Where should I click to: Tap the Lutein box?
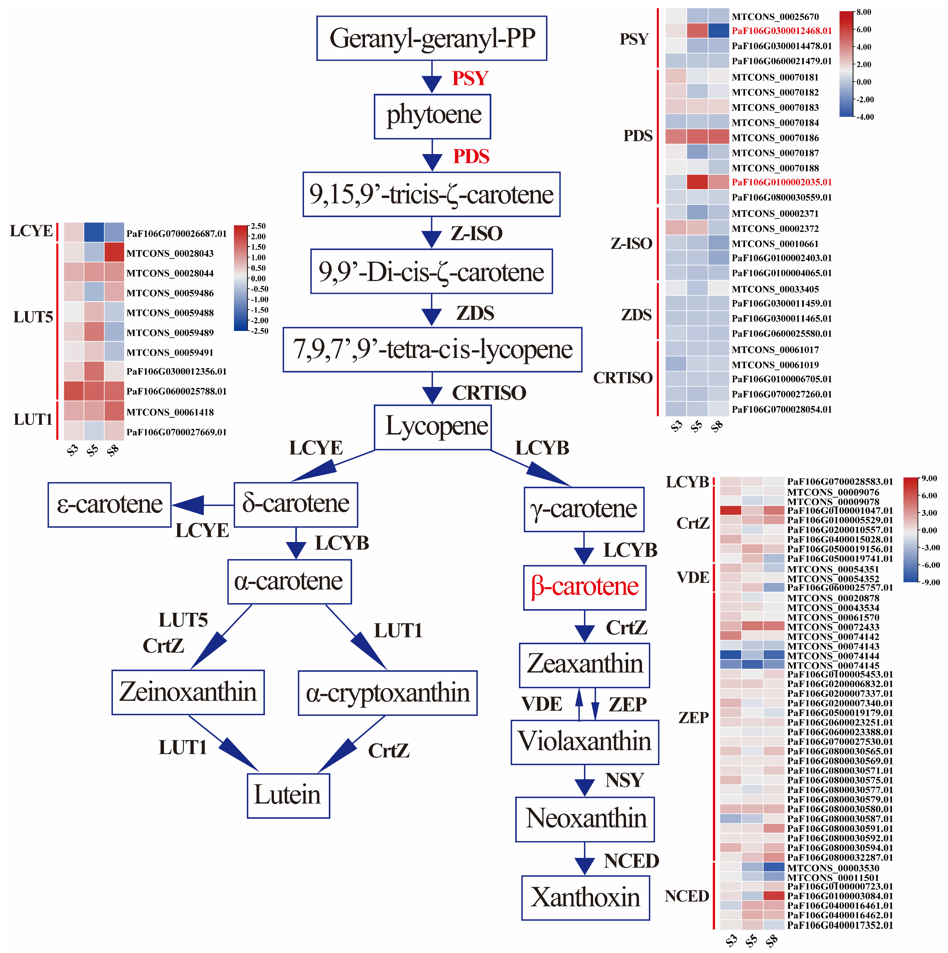tap(288, 796)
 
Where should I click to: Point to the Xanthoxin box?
tap(585, 898)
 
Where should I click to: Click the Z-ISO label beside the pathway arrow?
tap(476, 233)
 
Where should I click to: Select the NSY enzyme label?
tap(625, 780)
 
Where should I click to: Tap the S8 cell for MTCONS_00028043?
tap(114, 253)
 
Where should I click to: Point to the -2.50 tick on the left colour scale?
tap(260, 331)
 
